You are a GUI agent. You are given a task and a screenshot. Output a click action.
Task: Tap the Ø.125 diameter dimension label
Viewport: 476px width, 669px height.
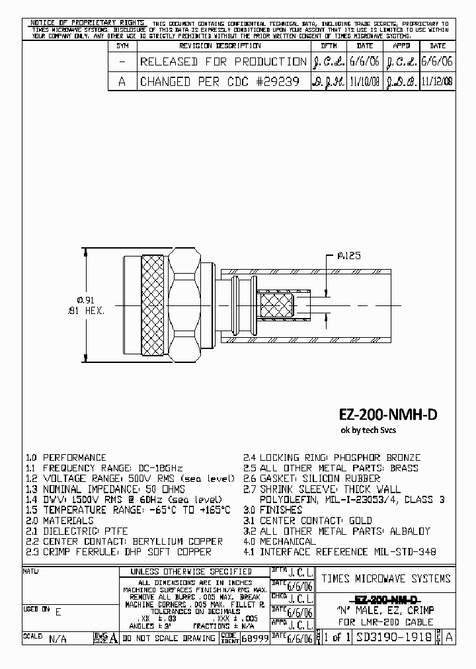pyautogui.click(x=348, y=256)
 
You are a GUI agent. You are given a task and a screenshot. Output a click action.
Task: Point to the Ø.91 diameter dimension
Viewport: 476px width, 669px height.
pyautogui.click(x=80, y=299)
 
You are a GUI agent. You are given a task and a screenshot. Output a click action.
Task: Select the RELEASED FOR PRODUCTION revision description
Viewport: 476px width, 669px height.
pyautogui.click(x=223, y=61)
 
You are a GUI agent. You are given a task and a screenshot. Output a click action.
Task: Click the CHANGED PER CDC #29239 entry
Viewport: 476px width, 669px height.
pyautogui.click(x=219, y=81)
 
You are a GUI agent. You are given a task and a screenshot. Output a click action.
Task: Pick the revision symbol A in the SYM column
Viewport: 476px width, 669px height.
pyautogui.click(x=122, y=81)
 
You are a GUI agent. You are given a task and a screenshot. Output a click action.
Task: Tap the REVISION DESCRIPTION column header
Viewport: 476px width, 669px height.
pyautogui.click(x=220, y=46)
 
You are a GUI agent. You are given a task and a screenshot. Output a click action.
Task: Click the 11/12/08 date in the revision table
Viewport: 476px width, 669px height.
pyautogui.click(x=437, y=81)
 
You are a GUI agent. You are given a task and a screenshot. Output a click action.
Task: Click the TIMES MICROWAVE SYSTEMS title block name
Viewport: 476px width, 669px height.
pyautogui.click(x=386, y=578)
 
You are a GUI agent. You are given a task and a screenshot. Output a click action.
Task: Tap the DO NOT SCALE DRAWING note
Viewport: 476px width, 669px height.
pyautogui.click(x=169, y=638)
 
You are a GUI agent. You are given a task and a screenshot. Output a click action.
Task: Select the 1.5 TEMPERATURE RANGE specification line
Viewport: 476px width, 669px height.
pyautogui.click(x=128, y=510)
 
